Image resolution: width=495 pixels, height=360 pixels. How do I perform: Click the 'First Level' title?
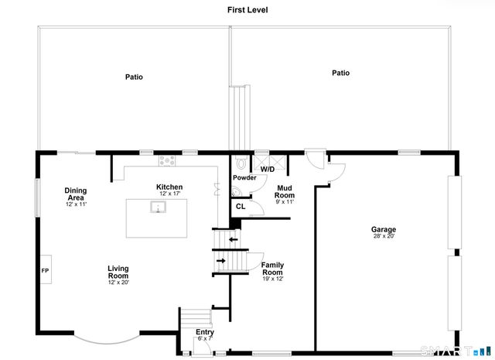[x=247, y=10]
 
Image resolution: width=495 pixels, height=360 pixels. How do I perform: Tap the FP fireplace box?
[x=46, y=269]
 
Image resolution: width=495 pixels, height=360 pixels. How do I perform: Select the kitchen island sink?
[x=158, y=207]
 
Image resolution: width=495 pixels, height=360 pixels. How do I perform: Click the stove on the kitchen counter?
[x=167, y=160]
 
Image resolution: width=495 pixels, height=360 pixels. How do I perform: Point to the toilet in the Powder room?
[x=241, y=162]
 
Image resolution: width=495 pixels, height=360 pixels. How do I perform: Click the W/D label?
[x=268, y=170]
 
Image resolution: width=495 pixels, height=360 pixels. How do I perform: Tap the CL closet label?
[x=241, y=207]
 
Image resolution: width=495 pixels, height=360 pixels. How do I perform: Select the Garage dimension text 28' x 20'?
[x=384, y=236]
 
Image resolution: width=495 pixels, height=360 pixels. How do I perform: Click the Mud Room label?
[x=285, y=192]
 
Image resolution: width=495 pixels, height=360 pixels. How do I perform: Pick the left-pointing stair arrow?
[x=234, y=239]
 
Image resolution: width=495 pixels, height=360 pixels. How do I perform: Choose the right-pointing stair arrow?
[x=221, y=261]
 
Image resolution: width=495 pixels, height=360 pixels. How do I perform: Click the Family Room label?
[x=272, y=269]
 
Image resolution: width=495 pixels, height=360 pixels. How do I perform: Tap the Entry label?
[x=205, y=332]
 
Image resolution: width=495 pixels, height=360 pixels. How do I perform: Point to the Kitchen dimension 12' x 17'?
[x=169, y=194]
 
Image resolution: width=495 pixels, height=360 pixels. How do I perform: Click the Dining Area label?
[x=76, y=194]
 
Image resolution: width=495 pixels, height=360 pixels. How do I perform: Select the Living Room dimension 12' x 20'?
[x=118, y=283]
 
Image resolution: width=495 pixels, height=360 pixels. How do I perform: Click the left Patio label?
[x=134, y=77]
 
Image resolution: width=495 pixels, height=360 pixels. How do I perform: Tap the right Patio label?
[x=340, y=73]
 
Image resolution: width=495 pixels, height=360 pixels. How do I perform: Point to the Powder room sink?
[x=236, y=191]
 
